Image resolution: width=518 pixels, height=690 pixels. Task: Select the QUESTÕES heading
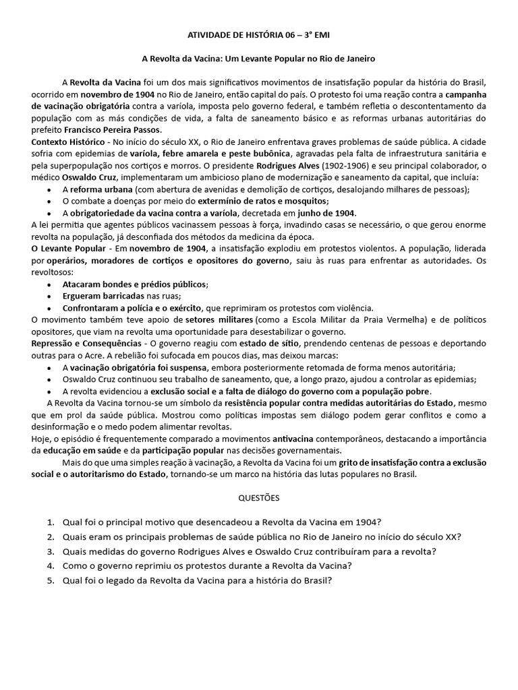point(259,498)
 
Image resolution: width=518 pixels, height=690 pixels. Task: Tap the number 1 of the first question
point(51,522)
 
